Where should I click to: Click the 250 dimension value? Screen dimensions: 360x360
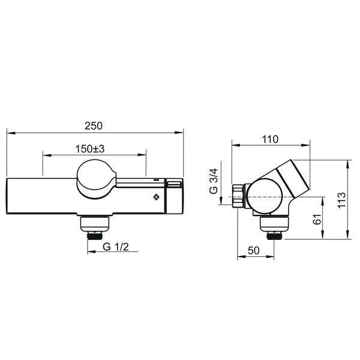click(94, 126)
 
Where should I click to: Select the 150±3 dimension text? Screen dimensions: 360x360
click(90, 149)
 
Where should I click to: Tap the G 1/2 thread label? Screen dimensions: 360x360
click(116, 247)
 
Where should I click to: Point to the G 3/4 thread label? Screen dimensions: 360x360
click(214, 181)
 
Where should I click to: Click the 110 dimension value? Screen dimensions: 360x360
click(270, 139)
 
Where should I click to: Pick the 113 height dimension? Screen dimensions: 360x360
click(341, 200)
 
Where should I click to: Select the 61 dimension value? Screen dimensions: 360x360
click(317, 219)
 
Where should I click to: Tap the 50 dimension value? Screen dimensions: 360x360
click(254, 250)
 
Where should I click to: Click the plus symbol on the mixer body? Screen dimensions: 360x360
click(157, 197)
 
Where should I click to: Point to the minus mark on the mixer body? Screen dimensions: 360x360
click(157, 180)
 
